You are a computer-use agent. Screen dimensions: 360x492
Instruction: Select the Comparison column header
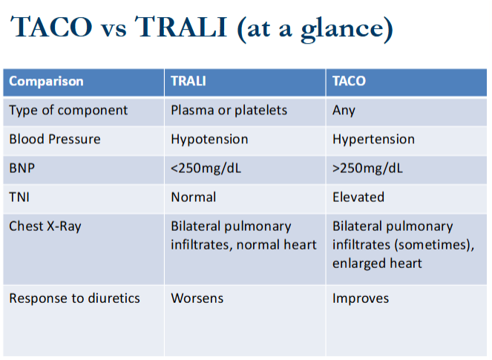46,81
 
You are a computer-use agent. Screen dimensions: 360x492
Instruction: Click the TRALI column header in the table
188,81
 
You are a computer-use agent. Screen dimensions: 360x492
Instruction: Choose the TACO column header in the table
349,81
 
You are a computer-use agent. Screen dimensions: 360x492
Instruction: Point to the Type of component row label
68,110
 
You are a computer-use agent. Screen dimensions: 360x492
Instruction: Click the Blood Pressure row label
54,139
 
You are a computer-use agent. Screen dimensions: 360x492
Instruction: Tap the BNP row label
22,168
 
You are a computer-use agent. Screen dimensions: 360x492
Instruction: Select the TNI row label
19,197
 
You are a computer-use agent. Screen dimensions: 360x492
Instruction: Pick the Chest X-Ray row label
45,226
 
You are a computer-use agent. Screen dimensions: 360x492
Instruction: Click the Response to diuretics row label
74,298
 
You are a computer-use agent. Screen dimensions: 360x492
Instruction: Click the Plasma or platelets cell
229,110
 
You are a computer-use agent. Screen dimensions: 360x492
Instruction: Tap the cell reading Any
344,110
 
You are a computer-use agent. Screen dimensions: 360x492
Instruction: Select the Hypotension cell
209,139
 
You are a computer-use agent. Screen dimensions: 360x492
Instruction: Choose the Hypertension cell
373,139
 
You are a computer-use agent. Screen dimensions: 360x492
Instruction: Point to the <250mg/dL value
206,168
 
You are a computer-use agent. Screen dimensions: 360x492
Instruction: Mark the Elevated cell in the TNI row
358,197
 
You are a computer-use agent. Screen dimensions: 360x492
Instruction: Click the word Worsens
197,298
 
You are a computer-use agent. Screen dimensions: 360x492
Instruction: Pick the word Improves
361,298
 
